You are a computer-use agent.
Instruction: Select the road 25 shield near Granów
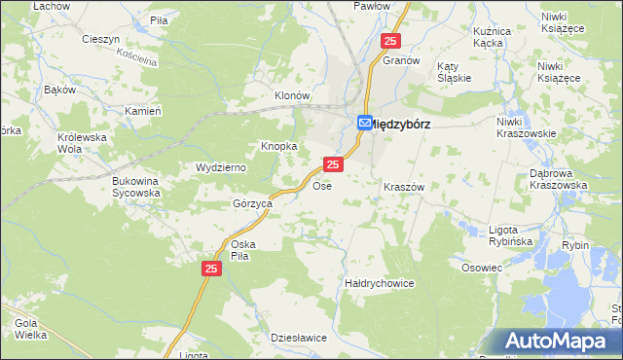(390, 41)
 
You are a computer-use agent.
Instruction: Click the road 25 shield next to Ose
(333, 166)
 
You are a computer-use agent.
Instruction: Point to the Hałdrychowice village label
(380, 283)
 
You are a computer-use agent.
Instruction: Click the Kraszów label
(404, 186)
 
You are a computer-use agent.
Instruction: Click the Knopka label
(277, 146)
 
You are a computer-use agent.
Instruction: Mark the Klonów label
(291, 96)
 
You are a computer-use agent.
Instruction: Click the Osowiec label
(482, 268)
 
